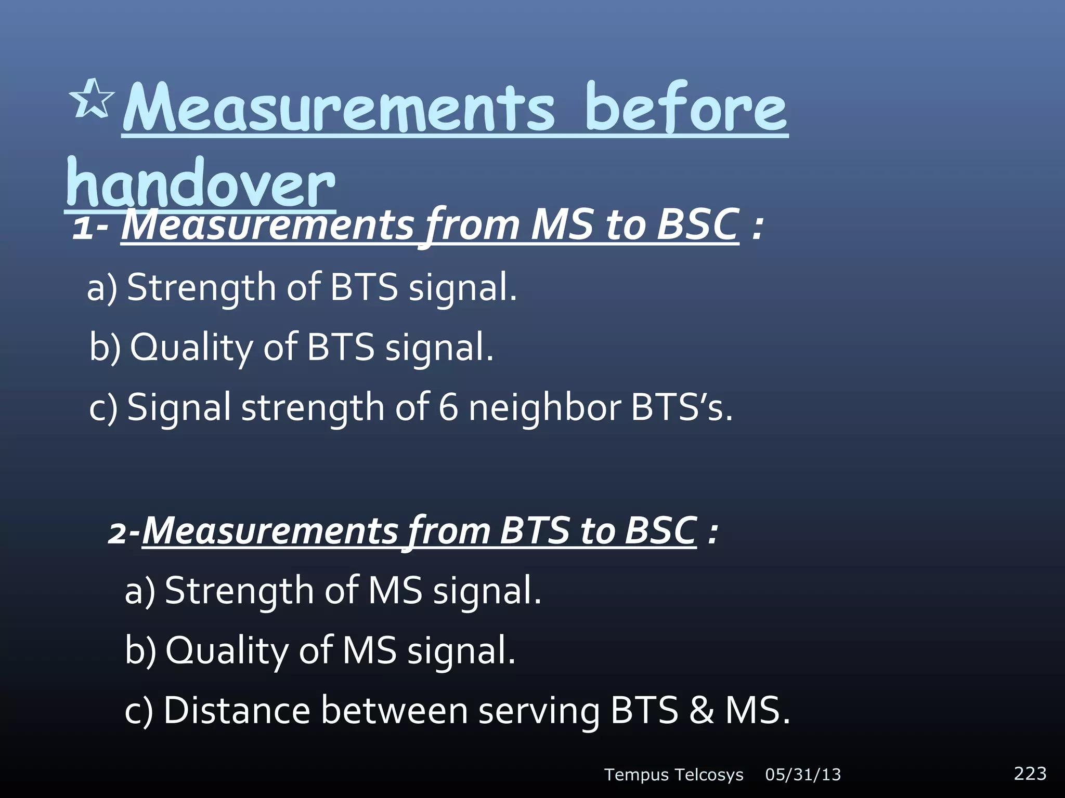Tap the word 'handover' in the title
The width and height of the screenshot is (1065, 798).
[x=200, y=184]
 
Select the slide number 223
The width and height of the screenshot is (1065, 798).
[x=1030, y=773]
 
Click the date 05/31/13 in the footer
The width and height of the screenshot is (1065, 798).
[x=803, y=775]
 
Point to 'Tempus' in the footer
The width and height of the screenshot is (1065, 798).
[x=637, y=775]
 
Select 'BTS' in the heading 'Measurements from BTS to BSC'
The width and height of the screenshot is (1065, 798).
[x=534, y=531]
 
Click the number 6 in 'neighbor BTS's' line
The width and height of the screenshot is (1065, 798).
[x=448, y=407]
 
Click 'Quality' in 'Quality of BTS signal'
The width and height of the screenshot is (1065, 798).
[x=191, y=348]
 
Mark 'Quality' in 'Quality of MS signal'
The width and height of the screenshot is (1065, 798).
[x=227, y=651]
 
